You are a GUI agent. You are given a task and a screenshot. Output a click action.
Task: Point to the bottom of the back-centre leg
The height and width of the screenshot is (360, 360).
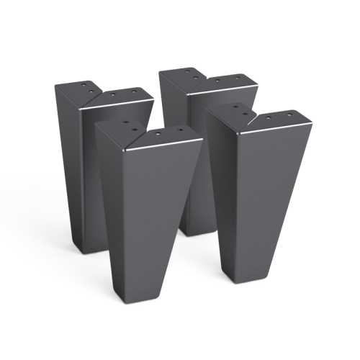193,229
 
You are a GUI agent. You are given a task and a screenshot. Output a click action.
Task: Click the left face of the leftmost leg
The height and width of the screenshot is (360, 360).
68,166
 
